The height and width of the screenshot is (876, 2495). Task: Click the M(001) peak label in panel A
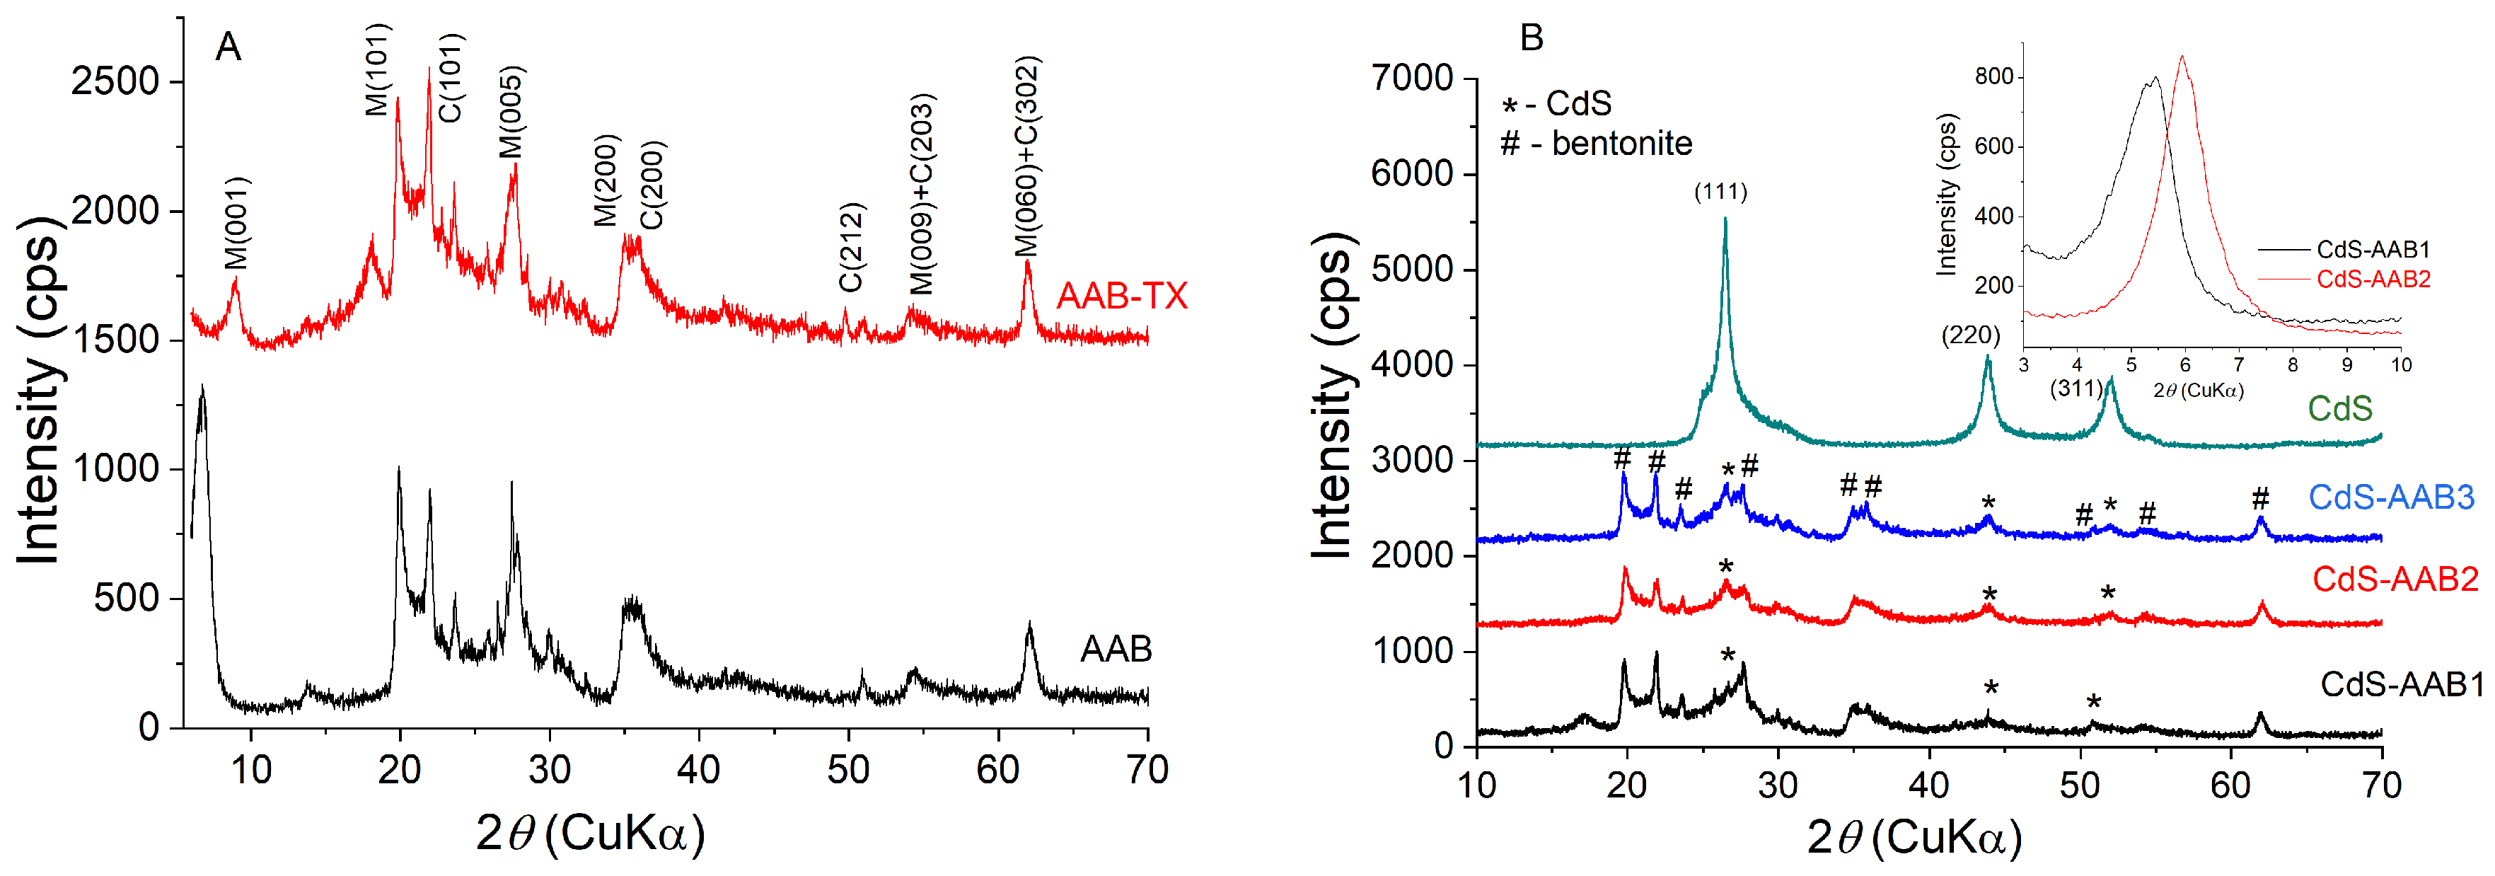click(236, 223)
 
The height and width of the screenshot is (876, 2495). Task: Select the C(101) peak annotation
click(451, 78)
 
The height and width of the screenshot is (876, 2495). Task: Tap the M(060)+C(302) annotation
click(1026, 156)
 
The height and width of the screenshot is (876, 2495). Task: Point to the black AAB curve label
click(1115, 648)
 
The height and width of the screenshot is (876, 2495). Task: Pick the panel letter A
click(228, 47)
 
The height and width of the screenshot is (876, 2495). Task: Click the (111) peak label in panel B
click(1720, 192)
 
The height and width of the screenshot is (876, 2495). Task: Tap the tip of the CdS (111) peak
click(1725, 220)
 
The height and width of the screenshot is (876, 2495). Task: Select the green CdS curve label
click(2339, 408)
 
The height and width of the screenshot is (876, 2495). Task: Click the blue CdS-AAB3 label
click(2390, 497)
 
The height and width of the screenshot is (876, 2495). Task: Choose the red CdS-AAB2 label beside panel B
click(2395, 580)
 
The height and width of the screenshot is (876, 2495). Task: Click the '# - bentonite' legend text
click(1595, 144)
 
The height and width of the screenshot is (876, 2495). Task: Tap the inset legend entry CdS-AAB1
click(2372, 249)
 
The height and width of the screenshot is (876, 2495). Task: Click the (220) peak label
click(1970, 335)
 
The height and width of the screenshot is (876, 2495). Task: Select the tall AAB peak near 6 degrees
click(202, 388)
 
